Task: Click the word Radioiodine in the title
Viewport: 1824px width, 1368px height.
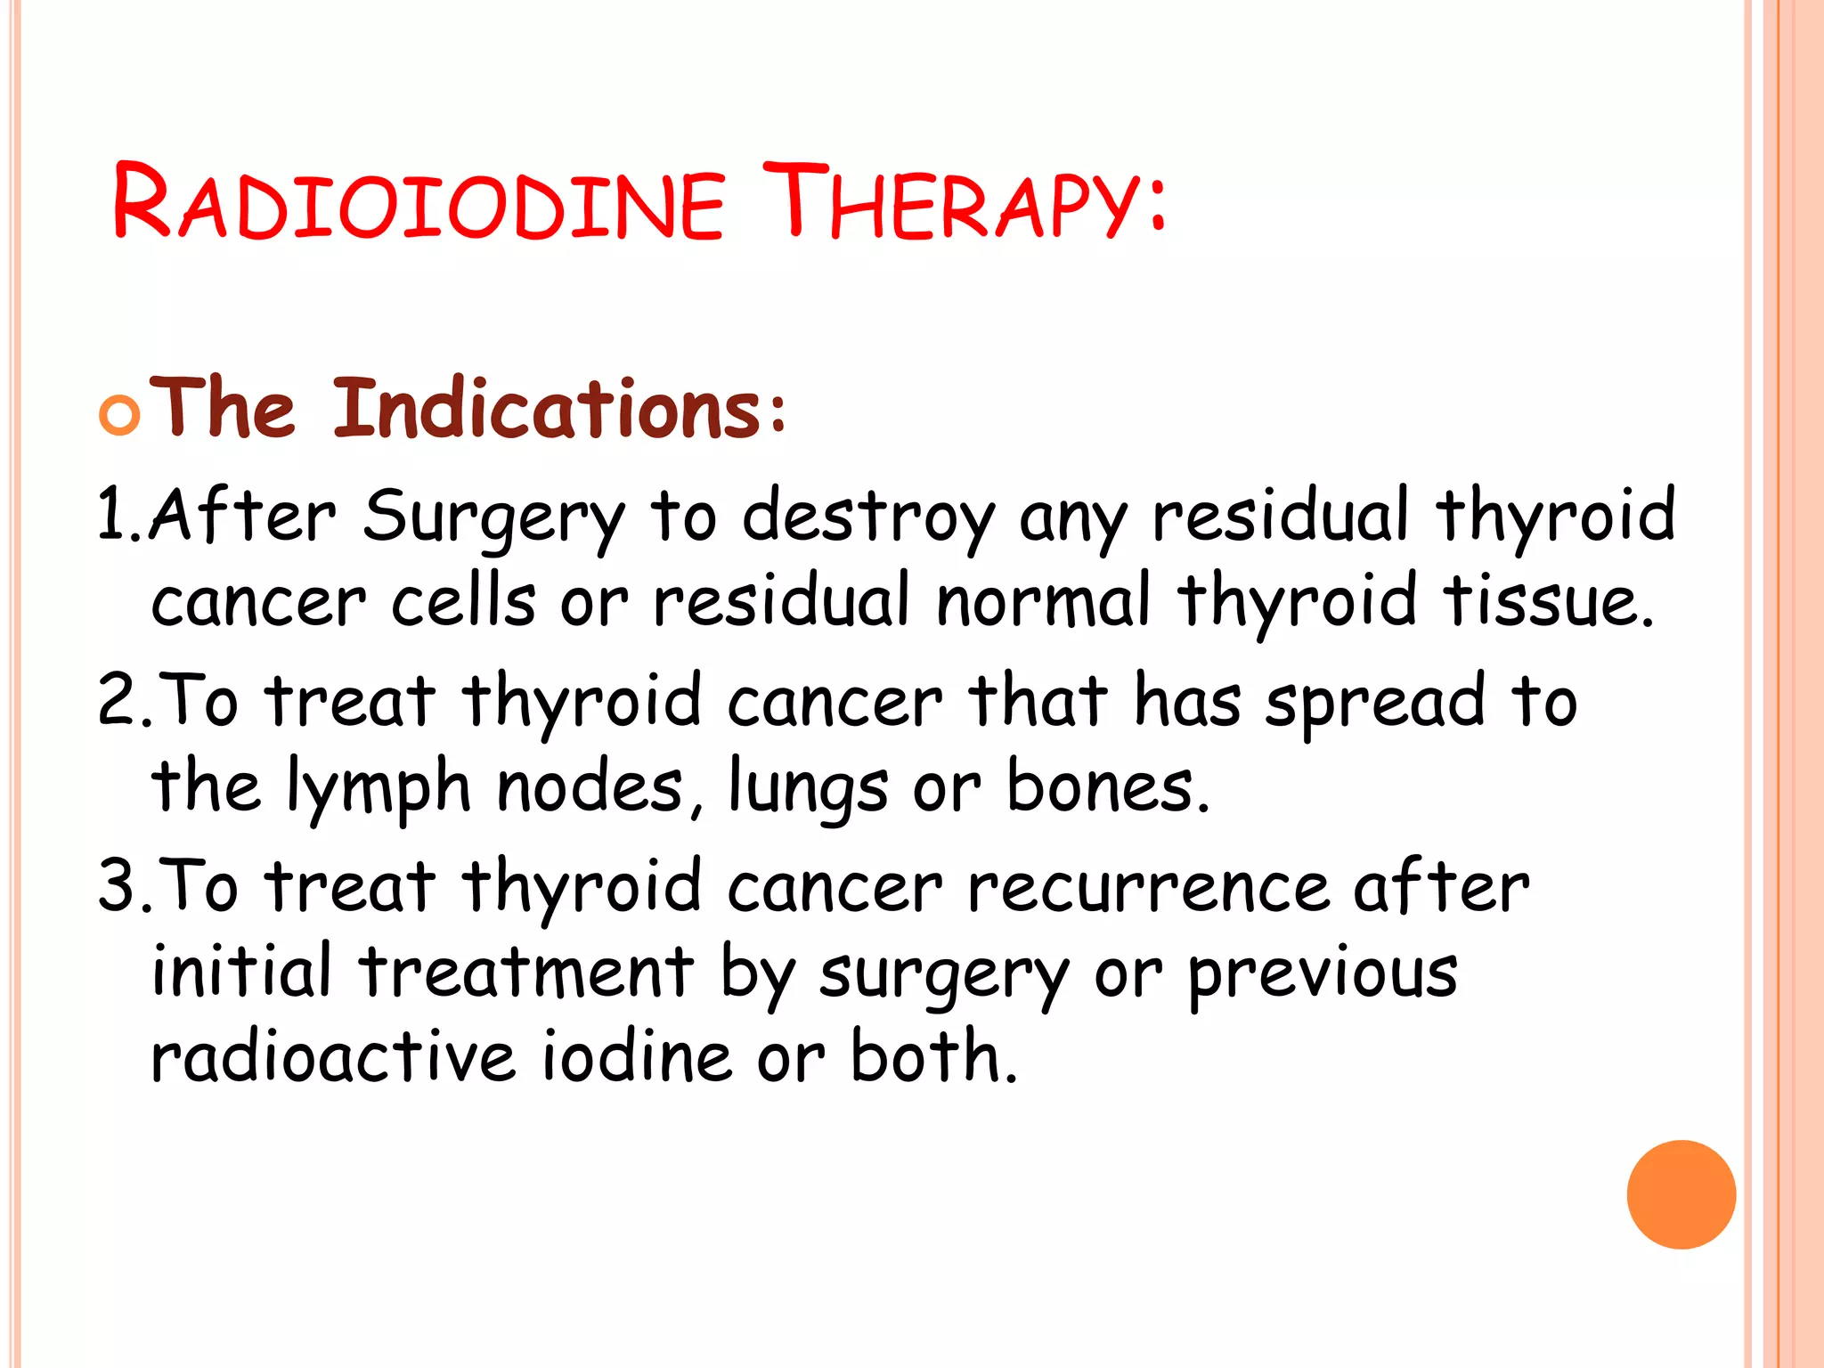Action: pos(418,203)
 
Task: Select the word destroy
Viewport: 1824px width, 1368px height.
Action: pos(868,517)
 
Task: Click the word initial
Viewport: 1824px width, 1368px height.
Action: pos(241,970)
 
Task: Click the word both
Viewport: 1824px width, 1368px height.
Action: pos(932,1055)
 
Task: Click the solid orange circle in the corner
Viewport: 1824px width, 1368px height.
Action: pos(1681,1194)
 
